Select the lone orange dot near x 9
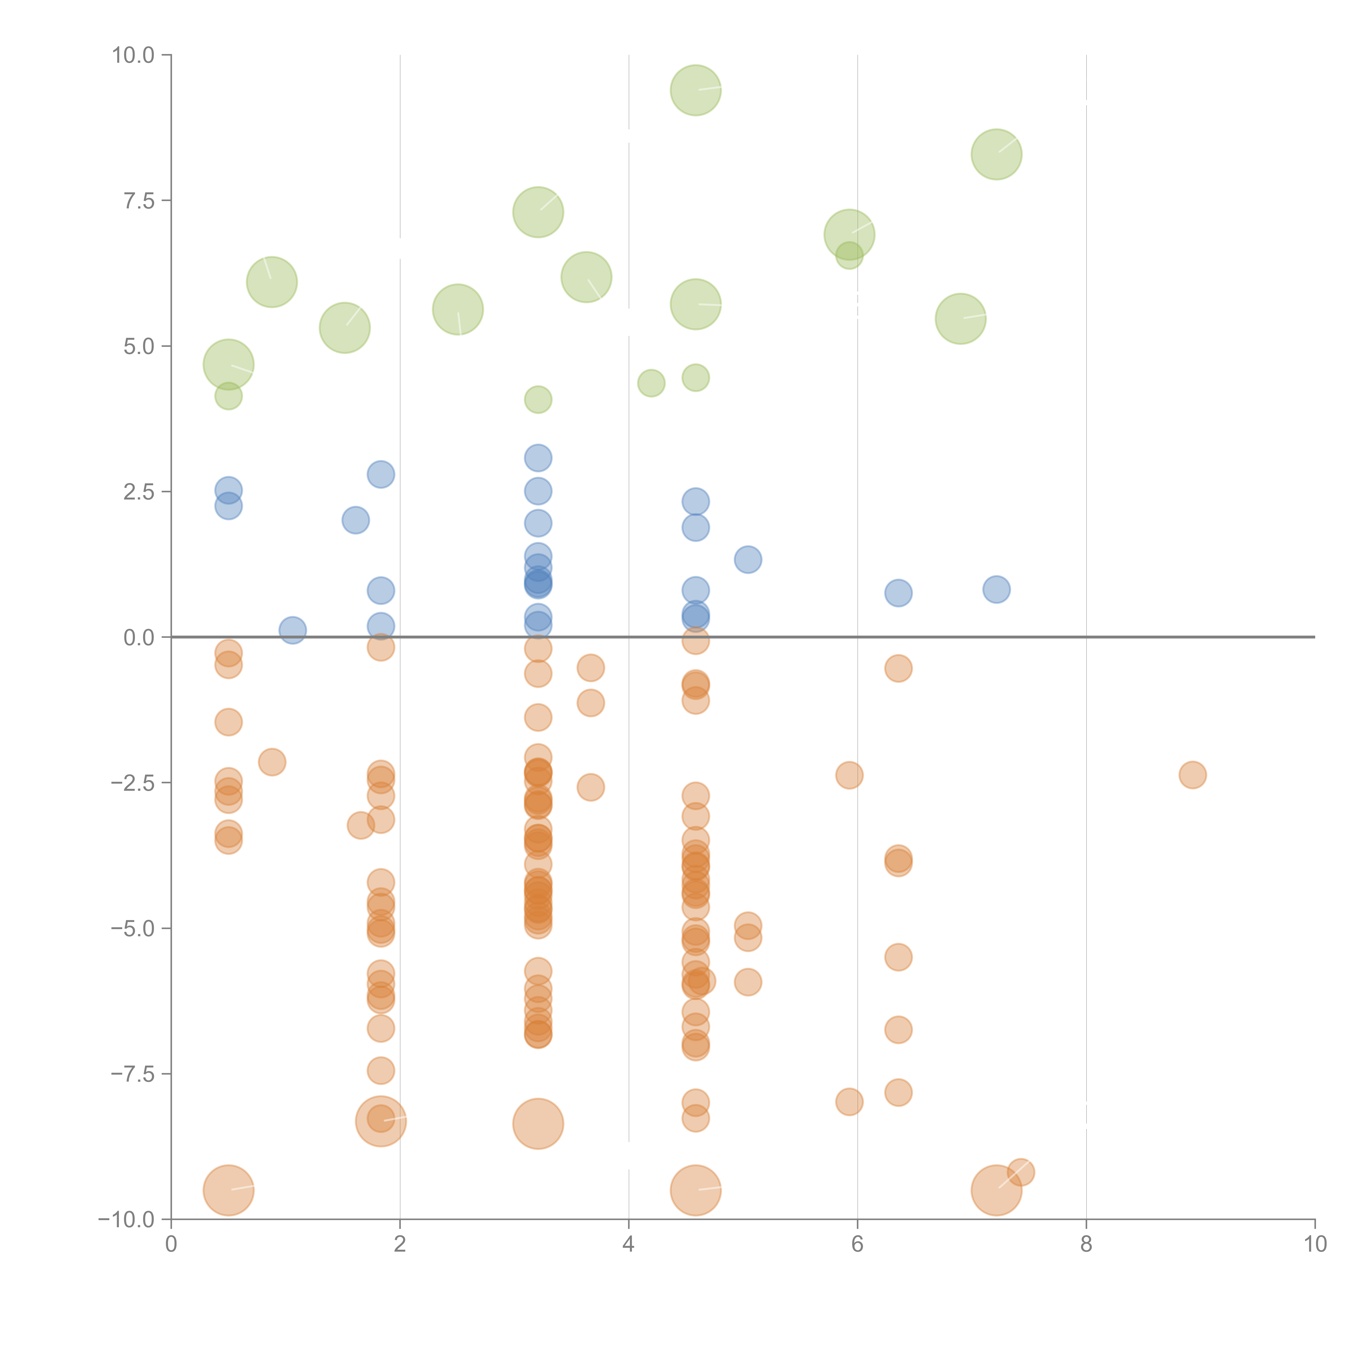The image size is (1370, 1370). pos(1193,775)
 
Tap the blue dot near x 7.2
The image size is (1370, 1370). pos(996,589)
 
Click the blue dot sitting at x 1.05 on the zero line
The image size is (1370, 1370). pos(292,630)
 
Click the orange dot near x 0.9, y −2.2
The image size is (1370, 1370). pos(272,762)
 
